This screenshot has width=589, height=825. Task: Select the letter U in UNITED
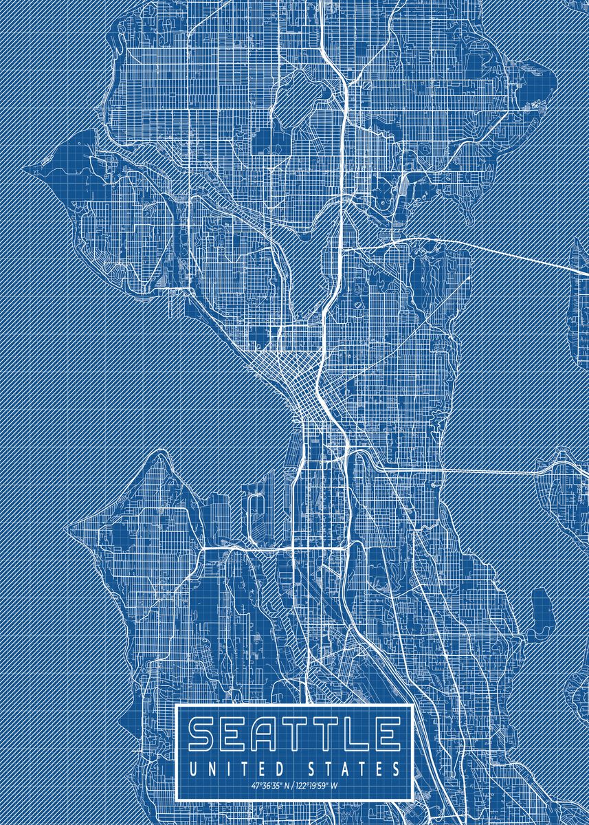(195, 767)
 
